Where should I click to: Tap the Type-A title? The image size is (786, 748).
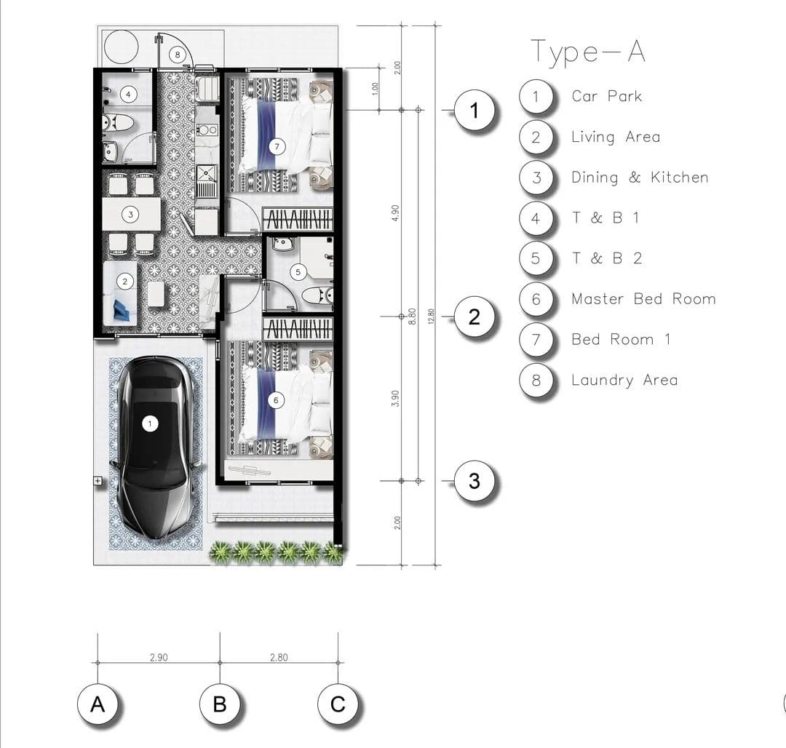coord(587,52)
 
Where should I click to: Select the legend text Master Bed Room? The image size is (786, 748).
coord(643,299)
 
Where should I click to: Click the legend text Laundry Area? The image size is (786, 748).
coord(624,381)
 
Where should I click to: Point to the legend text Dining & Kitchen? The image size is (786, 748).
coord(640,178)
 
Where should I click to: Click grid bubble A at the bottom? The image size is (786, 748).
coord(98,704)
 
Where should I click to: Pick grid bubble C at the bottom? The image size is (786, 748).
coord(338,704)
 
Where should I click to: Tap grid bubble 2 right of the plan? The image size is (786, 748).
coord(475,317)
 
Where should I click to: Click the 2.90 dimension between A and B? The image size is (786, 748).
coord(159,657)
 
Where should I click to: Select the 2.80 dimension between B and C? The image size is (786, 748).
coord(279,657)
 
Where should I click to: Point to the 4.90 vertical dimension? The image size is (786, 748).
coord(395,213)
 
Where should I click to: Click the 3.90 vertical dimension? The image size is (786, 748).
coord(395,398)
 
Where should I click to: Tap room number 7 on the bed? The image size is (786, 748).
coord(277,147)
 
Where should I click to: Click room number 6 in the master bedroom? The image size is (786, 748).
coord(276,400)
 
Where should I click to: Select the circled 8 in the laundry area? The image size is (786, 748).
coord(178,55)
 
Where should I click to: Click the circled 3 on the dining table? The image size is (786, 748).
coord(130,215)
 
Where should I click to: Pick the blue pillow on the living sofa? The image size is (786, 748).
coord(122,310)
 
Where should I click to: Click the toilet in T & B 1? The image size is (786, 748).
coord(118,123)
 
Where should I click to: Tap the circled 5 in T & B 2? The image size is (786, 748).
coord(298,272)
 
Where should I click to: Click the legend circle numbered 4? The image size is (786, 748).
coord(536,218)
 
